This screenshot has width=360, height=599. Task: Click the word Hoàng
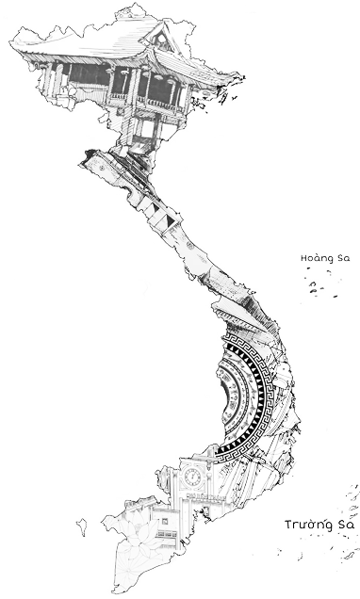[312, 259]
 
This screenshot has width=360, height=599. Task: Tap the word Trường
[304, 525]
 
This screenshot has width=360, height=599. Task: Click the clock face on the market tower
[192, 477]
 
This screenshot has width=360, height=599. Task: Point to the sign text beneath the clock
[199, 495]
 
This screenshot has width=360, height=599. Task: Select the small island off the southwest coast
[81, 526]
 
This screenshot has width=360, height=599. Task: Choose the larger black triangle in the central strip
[171, 220]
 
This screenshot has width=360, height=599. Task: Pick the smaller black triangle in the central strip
[155, 208]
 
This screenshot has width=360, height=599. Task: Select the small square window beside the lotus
[165, 521]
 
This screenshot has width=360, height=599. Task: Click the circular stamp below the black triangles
[190, 245]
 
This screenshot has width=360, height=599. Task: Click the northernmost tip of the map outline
[136, 4]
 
